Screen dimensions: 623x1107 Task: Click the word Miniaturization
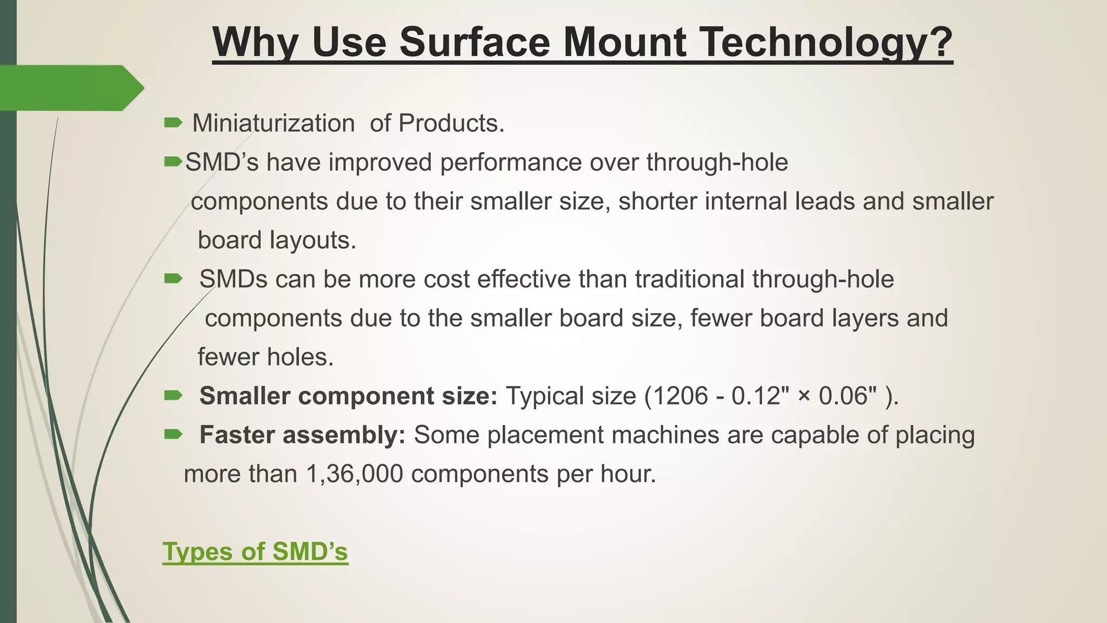tap(274, 123)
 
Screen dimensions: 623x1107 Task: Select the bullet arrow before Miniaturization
tap(173, 123)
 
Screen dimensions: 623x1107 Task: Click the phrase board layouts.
tap(277, 240)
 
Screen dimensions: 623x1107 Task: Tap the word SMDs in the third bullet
tap(234, 279)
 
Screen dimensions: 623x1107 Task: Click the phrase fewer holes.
tap(265, 357)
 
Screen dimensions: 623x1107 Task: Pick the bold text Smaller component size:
tap(348, 396)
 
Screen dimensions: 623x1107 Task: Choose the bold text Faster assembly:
tap(302, 435)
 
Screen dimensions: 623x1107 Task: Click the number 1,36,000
tap(354, 474)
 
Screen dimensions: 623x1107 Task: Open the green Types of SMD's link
tap(255, 552)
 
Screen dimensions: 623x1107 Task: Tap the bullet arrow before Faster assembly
tap(173, 434)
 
